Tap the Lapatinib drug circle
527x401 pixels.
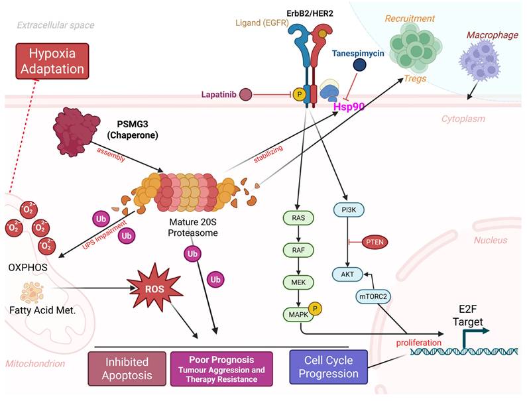coord(245,95)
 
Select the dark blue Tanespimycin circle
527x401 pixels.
coord(360,64)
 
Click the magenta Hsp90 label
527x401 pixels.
coord(349,105)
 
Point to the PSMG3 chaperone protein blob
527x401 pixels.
coord(74,130)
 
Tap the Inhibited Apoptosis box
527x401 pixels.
coord(127,368)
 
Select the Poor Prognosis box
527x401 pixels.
coord(227,368)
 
